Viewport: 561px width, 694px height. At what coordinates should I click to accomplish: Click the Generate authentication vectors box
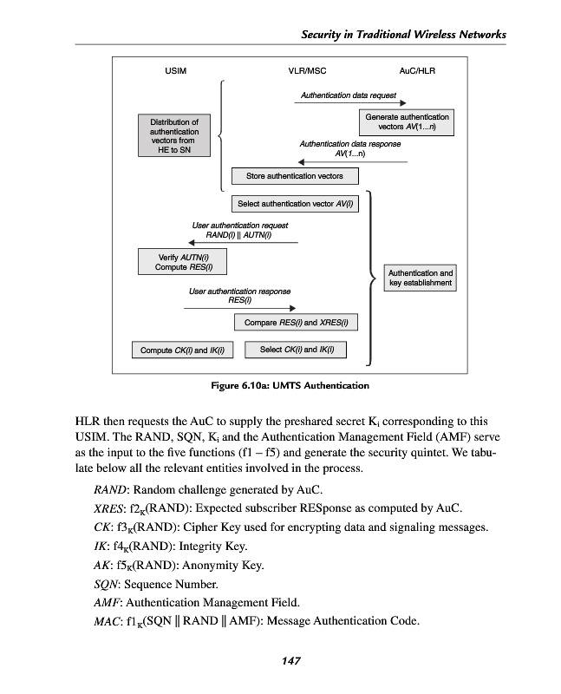click(x=407, y=121)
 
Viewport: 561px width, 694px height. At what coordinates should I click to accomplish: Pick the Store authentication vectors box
click(x=294, y=176)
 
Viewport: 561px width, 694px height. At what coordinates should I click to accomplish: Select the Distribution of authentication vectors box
click(x=174, y=136)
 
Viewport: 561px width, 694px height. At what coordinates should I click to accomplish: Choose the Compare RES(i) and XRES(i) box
click(x=296, y=323)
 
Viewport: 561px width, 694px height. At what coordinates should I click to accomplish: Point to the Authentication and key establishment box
click(x=420, y=278)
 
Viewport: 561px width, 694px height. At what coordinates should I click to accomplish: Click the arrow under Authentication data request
click(x=343, y=103)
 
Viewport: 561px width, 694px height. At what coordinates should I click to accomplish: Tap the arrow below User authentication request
click(x=238, y=243)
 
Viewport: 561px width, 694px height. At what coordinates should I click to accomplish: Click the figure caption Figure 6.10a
click(x=290, y=384)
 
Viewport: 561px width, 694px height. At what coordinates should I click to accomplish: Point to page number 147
click(x=290, y=661)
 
